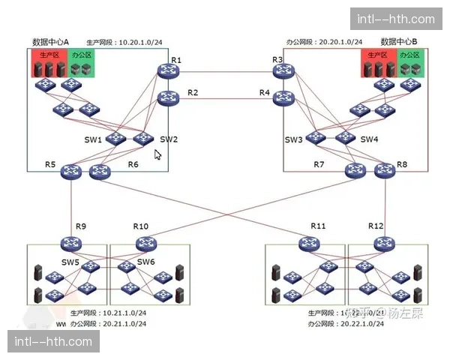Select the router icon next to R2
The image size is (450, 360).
168,97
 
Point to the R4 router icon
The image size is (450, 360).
283,97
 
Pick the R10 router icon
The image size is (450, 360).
145,243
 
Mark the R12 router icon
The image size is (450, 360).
382,243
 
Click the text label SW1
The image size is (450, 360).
93,140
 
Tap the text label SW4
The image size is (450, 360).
369,139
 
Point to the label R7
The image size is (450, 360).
319,164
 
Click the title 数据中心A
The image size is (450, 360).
51,41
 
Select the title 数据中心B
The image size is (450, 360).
399,41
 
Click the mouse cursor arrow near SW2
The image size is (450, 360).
157,154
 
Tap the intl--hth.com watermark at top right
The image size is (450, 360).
396,19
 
